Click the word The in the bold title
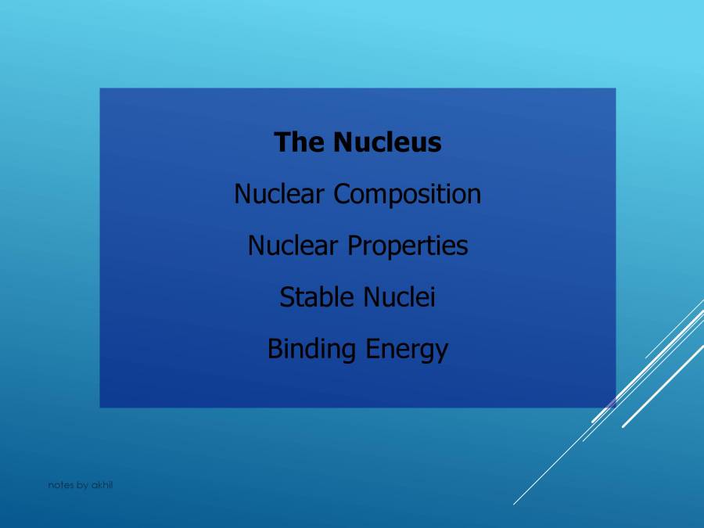coord(300,142)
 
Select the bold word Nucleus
coord(387,142)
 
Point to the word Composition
coord(408,194)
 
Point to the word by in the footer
coord(82,485)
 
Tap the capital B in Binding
coord(275,349)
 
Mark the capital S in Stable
coord(286,297)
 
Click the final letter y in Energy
coord(442,351)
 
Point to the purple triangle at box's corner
coord(611,403)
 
